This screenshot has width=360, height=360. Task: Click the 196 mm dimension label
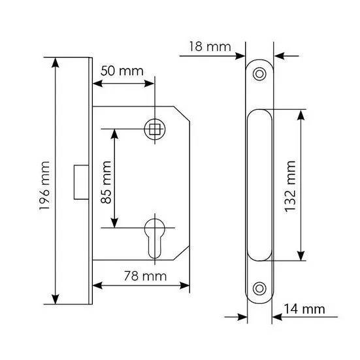tap(44, 186)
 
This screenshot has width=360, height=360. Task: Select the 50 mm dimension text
tap(122, 71)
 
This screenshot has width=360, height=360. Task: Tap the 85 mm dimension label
tap(106, 182)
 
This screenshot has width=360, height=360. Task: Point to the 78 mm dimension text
tap(145, 276)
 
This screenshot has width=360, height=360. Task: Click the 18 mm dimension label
tap(210, 46)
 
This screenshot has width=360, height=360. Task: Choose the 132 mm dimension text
tap(290, 187)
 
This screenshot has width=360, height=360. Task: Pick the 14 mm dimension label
tap(304, 309)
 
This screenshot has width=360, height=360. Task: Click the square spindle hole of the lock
tap(154, 129)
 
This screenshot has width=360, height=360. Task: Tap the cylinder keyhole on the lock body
tap(154, 238)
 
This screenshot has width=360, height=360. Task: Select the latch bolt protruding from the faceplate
tap(81, 182)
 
